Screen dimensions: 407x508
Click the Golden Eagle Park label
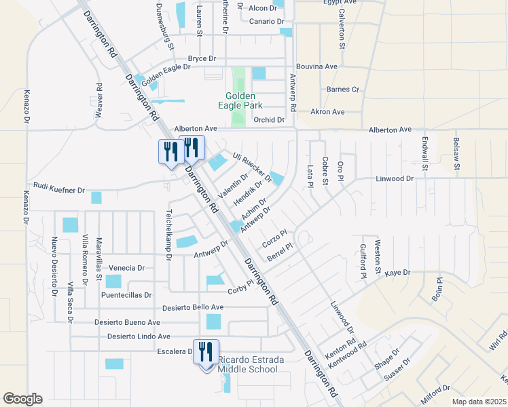click(x=244, y=100)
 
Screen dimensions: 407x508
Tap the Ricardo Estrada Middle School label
click(x=247, y=364)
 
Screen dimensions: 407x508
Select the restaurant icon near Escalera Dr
click(x=206, y=352)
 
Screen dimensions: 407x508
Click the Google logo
click(x=22, y=399)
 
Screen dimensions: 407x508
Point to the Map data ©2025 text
click(x=479, y=402)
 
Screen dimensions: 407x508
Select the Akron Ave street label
click(x=327, y=112)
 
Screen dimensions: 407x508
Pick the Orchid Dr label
click(x=268, y=120)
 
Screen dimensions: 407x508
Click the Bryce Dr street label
click(x=202, y=59)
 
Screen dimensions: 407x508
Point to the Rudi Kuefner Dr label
click(x=58, y=189)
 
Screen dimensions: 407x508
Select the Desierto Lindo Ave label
click(x=139, y=336)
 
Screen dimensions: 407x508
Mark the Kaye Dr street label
click(x=398, y=273)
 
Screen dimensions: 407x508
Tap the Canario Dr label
click(x=266, y=22)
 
